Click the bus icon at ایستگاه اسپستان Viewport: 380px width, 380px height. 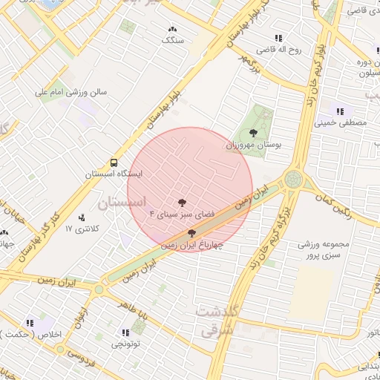coord(114,162)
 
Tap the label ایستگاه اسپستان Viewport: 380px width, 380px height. coord(113,174)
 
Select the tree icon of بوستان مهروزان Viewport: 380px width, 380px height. coord(254,134)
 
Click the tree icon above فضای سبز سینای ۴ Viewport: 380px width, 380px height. coord(182,202)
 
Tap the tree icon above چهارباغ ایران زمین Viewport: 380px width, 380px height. coord(191,232)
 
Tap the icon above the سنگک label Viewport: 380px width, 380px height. coord(173,30)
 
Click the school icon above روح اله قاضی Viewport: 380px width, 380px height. coord(278,38)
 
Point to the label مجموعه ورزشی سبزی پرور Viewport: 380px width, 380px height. coord(327,249)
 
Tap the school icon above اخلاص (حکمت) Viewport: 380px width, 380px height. coord(30,323)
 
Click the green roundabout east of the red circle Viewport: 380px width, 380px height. coord(293,180)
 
